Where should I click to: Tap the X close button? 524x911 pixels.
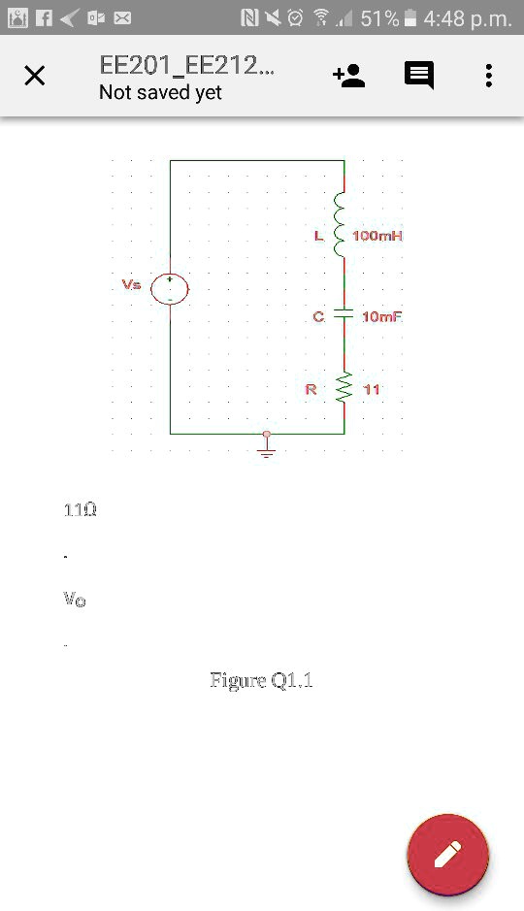pos(34,76)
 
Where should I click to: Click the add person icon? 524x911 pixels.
pos(348,76)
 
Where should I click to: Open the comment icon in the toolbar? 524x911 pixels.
pos(419,76)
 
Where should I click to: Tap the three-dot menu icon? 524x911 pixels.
pos(488,76)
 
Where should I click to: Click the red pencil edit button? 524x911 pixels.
pos(447,855)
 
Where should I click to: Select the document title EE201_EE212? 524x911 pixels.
pos(186,66)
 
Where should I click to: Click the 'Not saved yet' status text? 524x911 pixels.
pos(160,93)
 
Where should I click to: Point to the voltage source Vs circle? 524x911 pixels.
pos(170,289)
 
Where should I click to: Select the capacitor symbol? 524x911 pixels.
pos(344,315)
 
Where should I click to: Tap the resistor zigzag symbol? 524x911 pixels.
pos(344,389)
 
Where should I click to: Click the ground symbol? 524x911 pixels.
pos(267,449)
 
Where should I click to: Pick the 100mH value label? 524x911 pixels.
pos(377,237)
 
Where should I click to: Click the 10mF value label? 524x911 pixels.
pos(380,317)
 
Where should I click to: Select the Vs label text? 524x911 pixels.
pos(131,285)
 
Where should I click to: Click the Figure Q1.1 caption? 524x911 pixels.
pos(261,680)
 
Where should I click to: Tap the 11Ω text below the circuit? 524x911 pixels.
pos(80,510)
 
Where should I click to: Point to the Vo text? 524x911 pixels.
pos(74,600)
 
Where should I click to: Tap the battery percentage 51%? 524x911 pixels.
pos(378,17)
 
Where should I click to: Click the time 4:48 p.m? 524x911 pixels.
pos(468,17)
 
